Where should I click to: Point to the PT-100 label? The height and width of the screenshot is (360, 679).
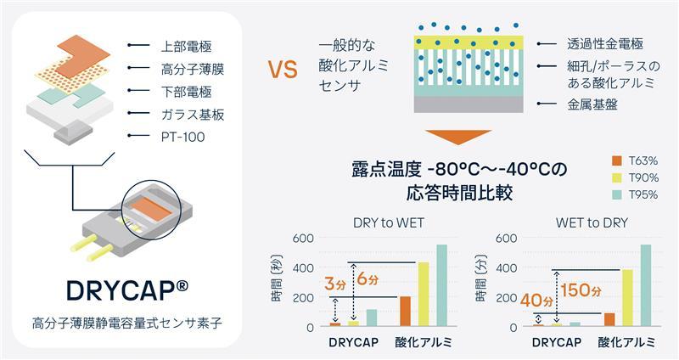point(174,136)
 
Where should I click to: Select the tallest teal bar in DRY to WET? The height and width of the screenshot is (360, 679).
point(441,285)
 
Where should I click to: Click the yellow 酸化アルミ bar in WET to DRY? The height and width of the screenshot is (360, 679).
point(627,297)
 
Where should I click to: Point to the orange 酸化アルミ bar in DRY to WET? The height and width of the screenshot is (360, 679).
point(405,311)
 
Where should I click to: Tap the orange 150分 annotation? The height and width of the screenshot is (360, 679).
point(581,290)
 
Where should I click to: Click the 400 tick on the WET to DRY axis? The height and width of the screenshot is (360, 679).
point(505,267)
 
